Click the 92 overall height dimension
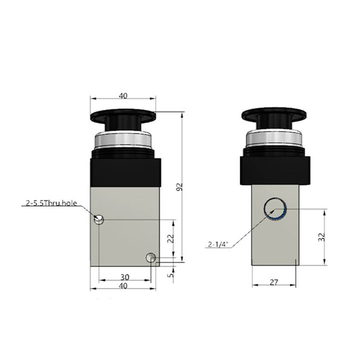(x=179, y=189)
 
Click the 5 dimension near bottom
(x=172, y=274)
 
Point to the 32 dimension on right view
(x=321, y=236)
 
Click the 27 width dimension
(x=273, y=282)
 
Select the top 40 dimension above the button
(x=123, y=95)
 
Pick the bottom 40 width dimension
(x=123, y=286)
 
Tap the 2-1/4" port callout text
(x=218, y=243)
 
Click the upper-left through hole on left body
(x=99, y=220)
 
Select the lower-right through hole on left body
(x=150, y=257)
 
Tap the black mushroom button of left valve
(x=123, y=117)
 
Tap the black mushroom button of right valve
(x=274, y=116)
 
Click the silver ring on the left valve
(x=123, y=141)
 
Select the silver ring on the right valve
(x=274, y=140)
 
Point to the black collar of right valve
(x=274, y=170)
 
